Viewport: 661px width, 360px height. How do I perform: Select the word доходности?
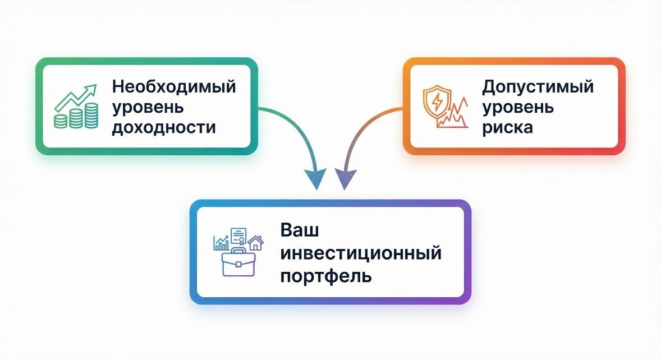point(163,127)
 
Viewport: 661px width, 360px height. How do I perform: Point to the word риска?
point(508,127)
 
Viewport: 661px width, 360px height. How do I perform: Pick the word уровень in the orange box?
point(518,107)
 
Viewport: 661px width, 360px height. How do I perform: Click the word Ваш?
point(299,231)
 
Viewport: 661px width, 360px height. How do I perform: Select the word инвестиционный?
point(360,253)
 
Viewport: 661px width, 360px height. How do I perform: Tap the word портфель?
point(325,276)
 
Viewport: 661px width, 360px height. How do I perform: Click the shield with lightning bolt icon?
point(437,100)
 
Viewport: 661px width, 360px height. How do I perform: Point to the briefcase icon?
point(238,264)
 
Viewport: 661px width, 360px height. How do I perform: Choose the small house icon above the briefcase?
point(256,242)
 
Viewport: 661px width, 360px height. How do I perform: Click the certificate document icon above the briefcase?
point(239,236)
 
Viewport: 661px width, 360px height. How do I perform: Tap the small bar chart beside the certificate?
point(221,242)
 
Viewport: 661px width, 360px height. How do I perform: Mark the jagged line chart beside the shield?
point(456,115)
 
